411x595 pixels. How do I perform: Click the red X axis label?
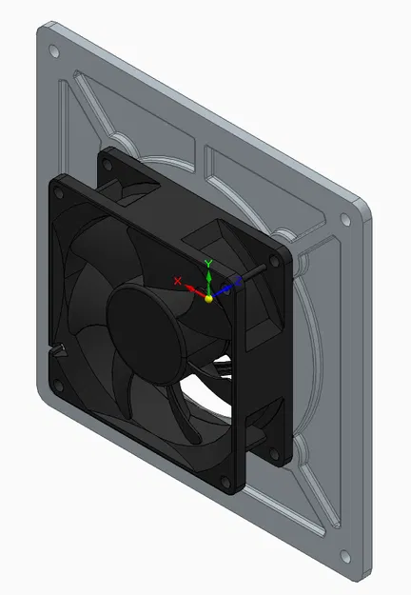click(x=177, y=281)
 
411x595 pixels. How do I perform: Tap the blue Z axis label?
click(x=237, y=281)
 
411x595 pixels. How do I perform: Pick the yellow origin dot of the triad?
click(x=209, y=298)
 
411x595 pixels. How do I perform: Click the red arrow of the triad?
click(x=193, y=288)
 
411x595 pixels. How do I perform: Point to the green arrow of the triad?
click(x=209, y=281)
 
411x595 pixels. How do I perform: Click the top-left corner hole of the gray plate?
click(x=54, y=50)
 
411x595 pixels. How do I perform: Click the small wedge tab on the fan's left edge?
click(x=60, y=349)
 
